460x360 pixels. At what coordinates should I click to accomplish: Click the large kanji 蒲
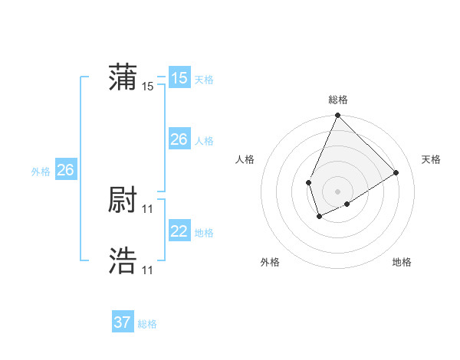click(x=123, y=78)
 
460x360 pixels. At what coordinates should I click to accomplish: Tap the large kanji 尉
click(x=123, y=201)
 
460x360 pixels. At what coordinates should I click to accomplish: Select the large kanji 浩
click(x=123, y=261)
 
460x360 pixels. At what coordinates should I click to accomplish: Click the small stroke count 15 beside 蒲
click(x=148, y=87)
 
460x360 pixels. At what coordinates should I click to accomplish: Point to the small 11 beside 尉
click(x=148, y=208)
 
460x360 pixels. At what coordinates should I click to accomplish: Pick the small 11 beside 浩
click(x=148, y=270)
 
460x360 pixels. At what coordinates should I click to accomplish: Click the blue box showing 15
click(x=179, y=78)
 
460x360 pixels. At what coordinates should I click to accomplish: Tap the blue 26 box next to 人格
click(x=179, y=139)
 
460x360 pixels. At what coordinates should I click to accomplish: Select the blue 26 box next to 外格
click(x=65, y=170)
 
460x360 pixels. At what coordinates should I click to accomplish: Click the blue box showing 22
click(x=179, y=231)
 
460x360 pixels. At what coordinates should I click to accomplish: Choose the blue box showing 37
click(x=122, y=322)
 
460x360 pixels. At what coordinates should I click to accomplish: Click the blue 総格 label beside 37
click(x=147, y=324)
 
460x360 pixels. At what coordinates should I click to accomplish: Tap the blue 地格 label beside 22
click(x=204, y=233)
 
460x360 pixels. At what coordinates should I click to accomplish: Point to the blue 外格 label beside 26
click(x=41, y=172)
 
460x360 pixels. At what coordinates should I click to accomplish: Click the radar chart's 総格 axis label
click(x=338, y=100)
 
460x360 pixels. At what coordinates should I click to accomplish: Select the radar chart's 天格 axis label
click(x=431, y=159)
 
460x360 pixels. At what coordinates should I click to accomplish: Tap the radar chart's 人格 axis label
click(x=245, y=159)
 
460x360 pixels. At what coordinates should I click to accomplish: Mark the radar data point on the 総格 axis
click(x=338, y=116)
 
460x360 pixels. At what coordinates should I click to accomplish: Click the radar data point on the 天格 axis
click(x=396, y=172)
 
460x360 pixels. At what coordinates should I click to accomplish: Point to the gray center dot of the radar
click(x=338, y=191)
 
